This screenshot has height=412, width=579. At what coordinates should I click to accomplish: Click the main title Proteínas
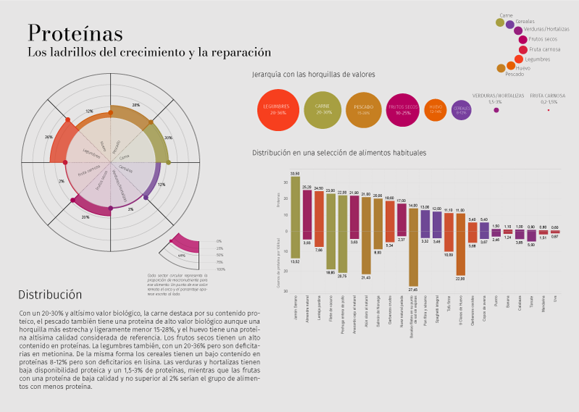click(x=75, y=33)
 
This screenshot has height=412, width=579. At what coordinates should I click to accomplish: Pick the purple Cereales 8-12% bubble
click(x=462, y=110)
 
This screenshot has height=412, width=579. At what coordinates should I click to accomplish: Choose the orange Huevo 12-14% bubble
click(x=436, y=109)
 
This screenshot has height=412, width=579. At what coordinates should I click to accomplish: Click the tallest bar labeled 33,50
click(x=295, y=217)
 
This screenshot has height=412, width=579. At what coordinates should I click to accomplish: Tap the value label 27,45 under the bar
click(x=413, y=289)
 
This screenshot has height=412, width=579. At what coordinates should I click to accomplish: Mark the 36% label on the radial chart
click(x=48, y=137)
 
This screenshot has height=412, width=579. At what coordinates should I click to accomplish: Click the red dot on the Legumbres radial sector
click(x=67, y=119)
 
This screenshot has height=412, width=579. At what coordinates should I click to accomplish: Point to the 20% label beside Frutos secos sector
click(x=85, y=216)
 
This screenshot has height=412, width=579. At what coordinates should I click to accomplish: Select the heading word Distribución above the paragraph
click(x=50, y=295)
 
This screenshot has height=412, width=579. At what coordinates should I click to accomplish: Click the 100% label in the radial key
click(x=221, y=269)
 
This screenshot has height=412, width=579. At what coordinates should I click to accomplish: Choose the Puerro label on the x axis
click(x=496, y=303)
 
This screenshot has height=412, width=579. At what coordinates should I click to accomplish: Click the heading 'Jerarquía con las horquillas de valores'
click(x=313, y=75)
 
